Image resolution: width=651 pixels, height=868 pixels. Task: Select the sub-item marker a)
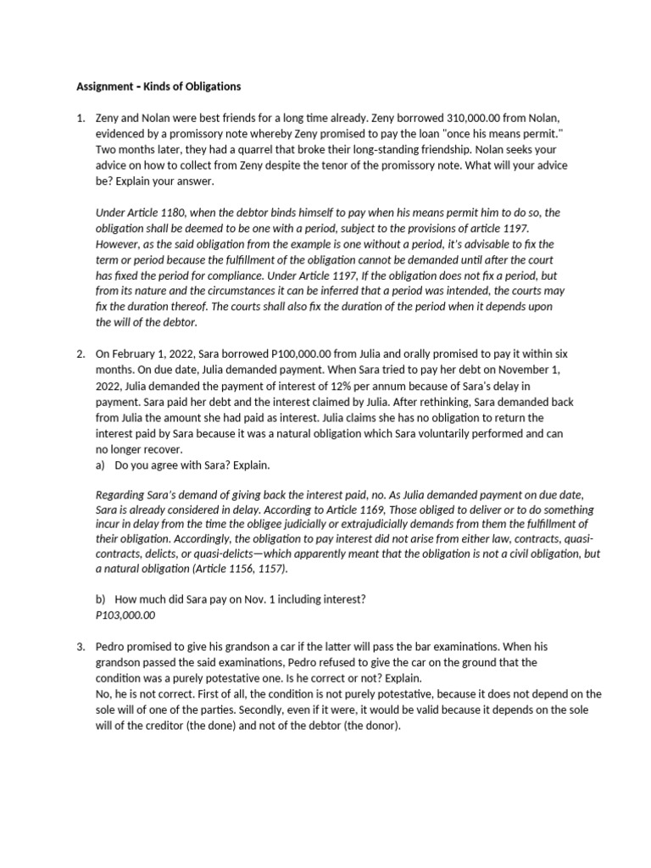pyautogui.click(x=101, y=465)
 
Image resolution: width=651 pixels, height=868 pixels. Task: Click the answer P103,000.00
pyautogui.click(x=125, y=615)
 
